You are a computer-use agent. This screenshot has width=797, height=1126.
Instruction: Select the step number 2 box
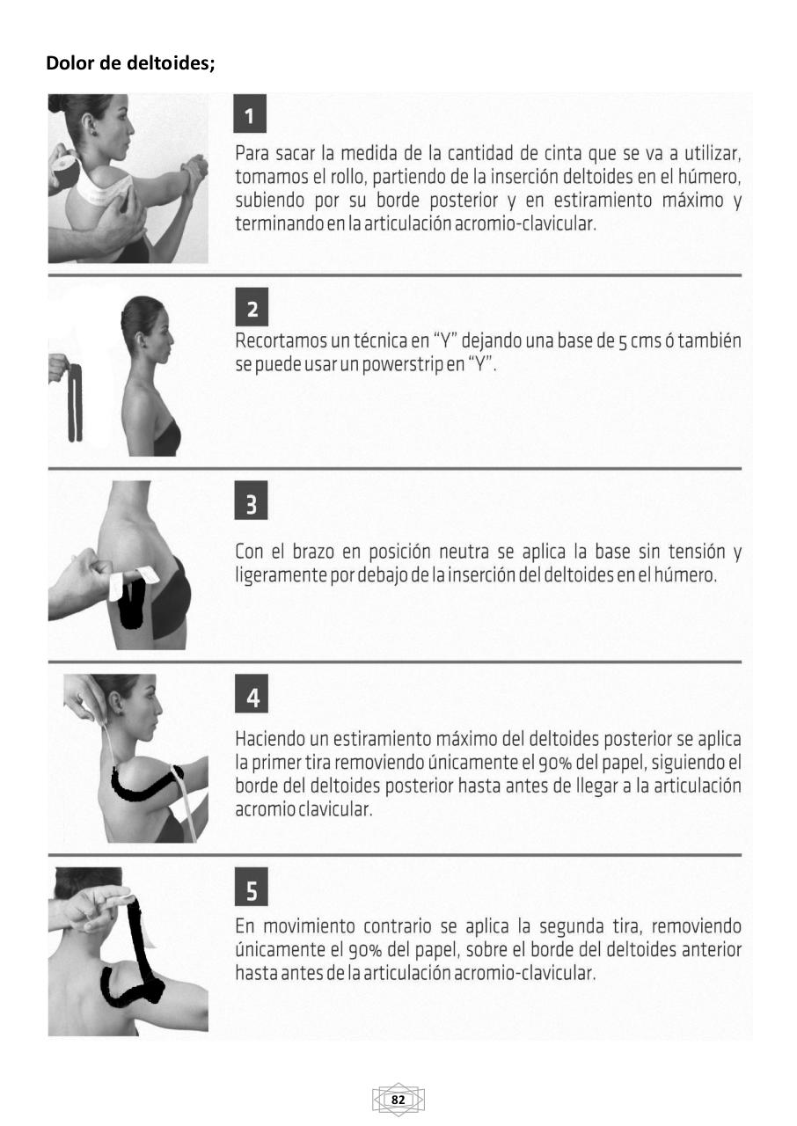(x=252, y=310)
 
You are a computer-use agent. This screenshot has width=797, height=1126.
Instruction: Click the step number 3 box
(x=252, y=504)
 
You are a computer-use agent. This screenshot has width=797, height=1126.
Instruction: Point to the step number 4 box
(x=252, y=698)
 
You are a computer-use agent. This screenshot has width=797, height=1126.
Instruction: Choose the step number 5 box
(x=252, y=891)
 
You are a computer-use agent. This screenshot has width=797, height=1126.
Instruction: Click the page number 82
(x=398, y=1100)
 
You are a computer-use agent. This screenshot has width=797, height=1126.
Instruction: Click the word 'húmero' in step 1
(x=709, y=178)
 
